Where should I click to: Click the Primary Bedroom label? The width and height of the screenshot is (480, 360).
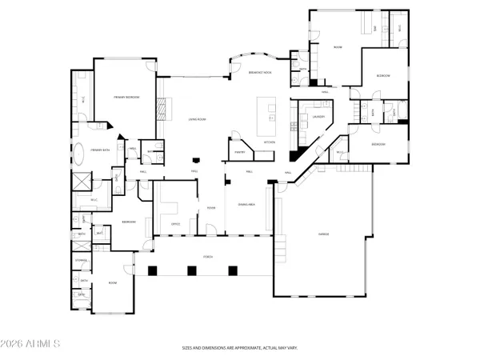pos(126,97)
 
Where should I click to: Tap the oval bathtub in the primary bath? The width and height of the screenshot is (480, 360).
pos(82,150)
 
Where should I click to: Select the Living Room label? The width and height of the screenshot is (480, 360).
pos(198,118)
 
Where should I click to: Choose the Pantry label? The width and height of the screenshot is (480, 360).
pos(239,151)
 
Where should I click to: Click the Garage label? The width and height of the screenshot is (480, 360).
pos(324,234)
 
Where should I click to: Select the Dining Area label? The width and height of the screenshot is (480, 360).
pos(247,205)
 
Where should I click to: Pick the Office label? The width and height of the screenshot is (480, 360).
pos(176,224)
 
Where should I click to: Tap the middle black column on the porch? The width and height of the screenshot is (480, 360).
pos(193,270)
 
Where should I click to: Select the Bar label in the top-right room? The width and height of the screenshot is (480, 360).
pos(376,29)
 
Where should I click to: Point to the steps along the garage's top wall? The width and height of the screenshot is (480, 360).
pos(352,168)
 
